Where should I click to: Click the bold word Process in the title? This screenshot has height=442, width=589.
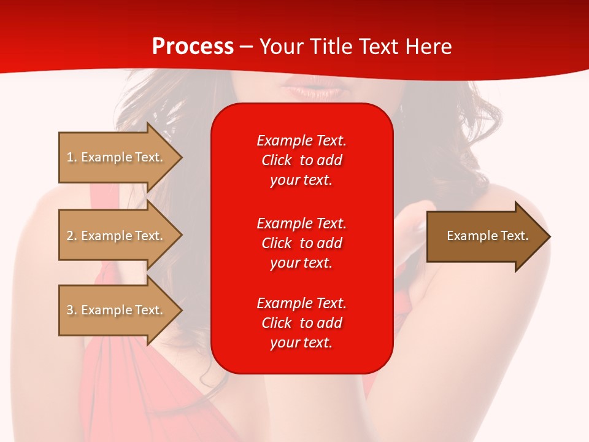(193, 47)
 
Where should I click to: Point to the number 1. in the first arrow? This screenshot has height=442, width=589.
(72, 157)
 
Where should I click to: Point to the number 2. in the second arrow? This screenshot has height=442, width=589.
(72, 236)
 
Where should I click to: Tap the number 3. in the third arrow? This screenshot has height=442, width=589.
(72, 310)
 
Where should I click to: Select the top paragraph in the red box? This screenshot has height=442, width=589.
(301, 160)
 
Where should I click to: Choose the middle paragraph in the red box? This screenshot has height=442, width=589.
(301, 243)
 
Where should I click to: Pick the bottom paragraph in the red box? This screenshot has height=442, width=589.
(301, 323)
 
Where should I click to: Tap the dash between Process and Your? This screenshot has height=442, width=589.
(246, 47)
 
